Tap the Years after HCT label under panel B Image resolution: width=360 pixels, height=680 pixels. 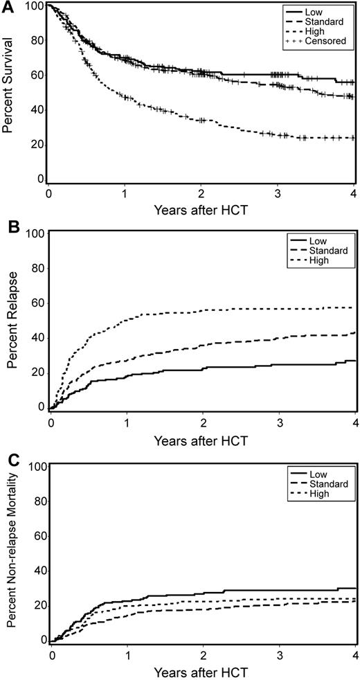point(202,439)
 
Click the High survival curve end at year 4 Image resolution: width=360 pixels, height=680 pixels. point(354,138)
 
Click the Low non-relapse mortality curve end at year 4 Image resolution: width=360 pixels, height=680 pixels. point(354,588)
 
